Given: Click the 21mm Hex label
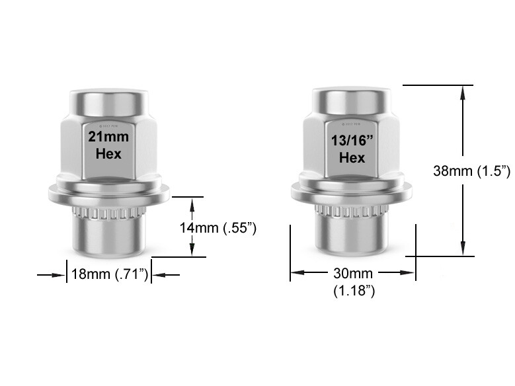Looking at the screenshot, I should pyautogui.click(x=109, y=145).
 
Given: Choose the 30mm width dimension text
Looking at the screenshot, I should pyautogui.click(x=353, y=273).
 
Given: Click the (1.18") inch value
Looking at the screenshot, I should pyautogui.click(x=354, y=290).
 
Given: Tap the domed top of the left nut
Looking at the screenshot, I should pyautogui.click(x=109, y=98).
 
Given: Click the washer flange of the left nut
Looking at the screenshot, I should pyautogui.click(x=109, y=193).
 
